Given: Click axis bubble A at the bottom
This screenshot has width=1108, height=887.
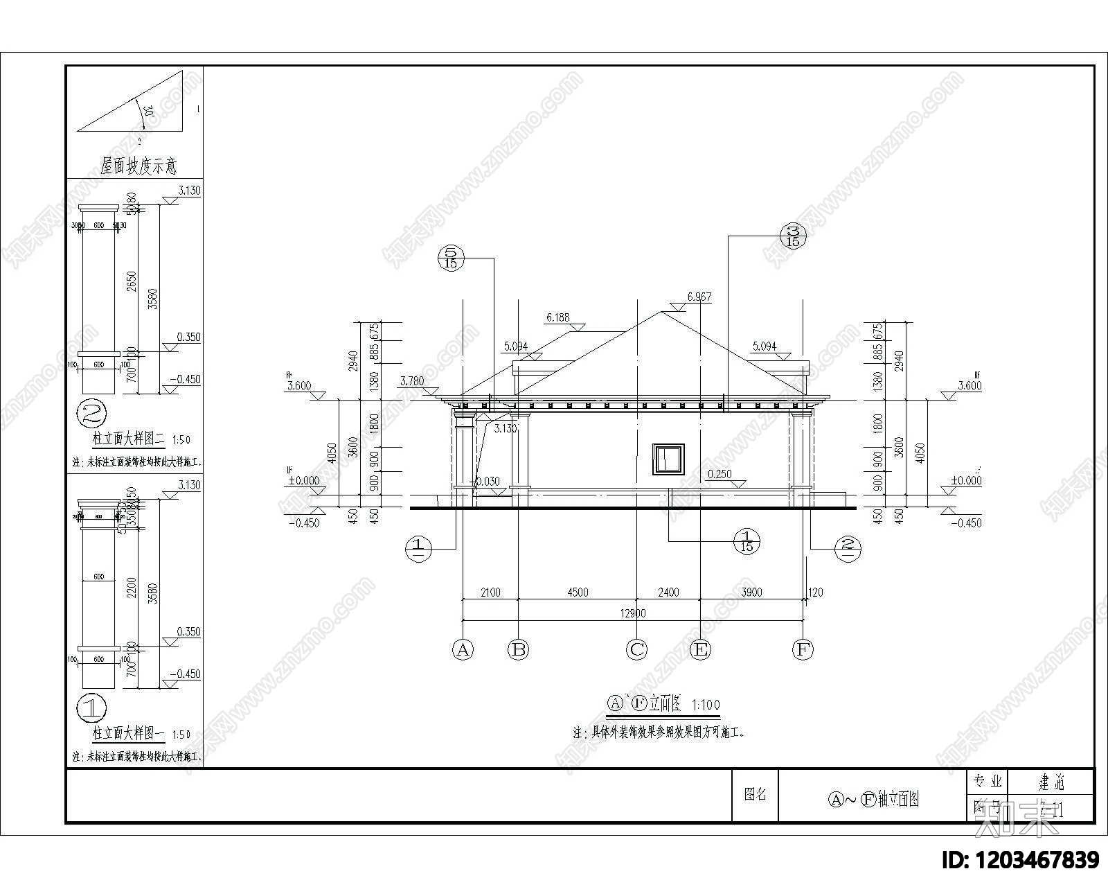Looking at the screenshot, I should [463, 649].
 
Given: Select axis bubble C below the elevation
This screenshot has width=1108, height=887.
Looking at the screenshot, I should [636, 649].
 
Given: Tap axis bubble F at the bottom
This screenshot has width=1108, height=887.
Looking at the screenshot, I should [803, 649].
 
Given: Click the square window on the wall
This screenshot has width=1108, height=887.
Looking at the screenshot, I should [668, 459].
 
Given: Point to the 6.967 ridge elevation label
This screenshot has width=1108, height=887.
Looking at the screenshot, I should [699, 297].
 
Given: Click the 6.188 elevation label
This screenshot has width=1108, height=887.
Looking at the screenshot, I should [557, 318].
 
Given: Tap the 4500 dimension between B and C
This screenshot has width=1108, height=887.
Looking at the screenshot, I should [578, 592].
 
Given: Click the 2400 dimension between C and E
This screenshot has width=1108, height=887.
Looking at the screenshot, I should [668, 592].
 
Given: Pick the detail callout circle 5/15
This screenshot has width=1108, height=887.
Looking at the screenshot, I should [451, 258].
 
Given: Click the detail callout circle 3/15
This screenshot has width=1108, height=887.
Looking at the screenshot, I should [794, 236].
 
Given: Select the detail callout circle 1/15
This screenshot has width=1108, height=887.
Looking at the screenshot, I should [747, 541].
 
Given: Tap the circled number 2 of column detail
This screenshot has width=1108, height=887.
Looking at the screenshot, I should [92, 415].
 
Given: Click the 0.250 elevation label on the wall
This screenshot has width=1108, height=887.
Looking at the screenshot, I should [720, 474].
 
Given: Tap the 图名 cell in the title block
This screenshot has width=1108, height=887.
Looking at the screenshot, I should [755, 794].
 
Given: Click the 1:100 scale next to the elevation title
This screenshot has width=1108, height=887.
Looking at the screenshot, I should [705, 705].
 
